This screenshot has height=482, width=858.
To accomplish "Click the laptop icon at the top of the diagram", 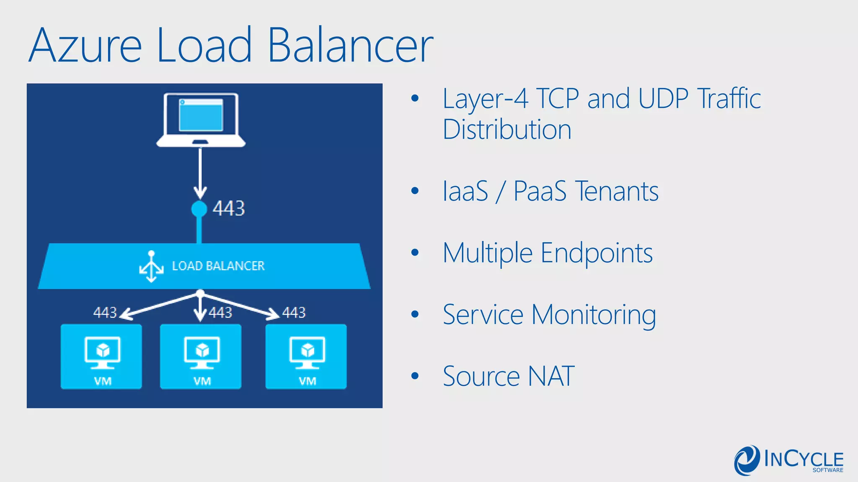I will coord(201,120).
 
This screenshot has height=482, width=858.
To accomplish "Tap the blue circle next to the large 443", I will coord(199,209).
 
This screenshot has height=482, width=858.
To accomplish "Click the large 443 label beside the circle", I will coord(228,208).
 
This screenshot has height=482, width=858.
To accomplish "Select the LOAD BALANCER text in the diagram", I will coord(218,266).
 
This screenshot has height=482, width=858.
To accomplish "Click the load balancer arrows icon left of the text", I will coord(151,267).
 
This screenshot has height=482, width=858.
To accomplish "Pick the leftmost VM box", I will coord(101,356).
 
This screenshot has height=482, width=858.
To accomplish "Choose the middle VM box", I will coord(201,356).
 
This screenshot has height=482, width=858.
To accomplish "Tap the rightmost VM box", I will coord(306,356).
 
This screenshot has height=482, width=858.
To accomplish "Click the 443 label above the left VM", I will coord(105,313).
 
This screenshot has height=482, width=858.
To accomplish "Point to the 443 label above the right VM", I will coord(294,313).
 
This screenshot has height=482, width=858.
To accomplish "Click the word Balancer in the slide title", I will coord(350,45).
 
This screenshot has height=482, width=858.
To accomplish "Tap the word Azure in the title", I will coord(85,45).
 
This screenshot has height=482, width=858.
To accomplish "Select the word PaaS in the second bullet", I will coord(540,191).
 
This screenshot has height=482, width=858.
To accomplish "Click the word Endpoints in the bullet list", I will coord(597,254).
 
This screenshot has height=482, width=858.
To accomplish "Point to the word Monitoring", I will coord(593,315).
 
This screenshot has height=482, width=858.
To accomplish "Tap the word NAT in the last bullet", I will coord(551,376).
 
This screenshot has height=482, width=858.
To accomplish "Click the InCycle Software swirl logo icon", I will coord(747,460).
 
